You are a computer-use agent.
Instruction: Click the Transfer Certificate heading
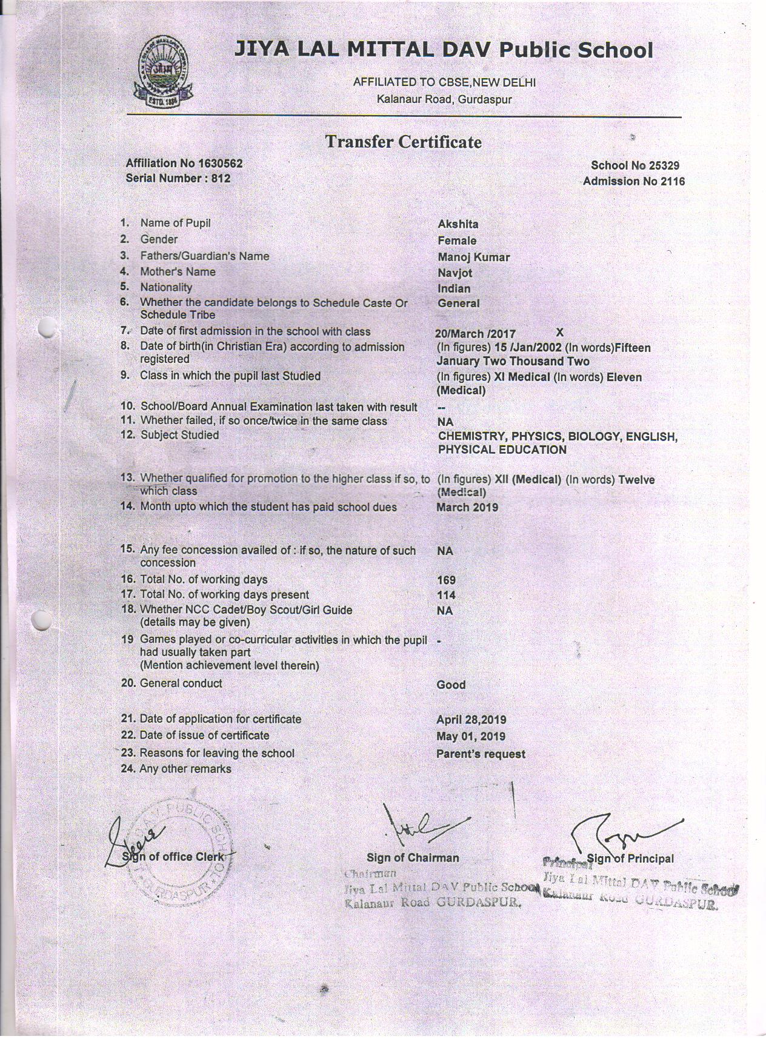point(404,142)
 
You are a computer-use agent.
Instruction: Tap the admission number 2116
point(673,181)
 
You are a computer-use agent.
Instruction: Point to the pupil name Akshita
point(458,224)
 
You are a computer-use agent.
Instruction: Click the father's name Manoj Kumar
point(473,257)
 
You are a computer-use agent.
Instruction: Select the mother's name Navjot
point(455,273)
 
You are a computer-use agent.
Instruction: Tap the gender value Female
point(457,241)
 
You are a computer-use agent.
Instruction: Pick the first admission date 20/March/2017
point(475,334)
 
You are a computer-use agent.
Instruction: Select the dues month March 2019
point(467,507)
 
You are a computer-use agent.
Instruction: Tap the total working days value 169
point(446,580)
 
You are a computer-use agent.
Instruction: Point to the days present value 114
point(446,596)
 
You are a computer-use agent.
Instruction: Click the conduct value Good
point(451,685)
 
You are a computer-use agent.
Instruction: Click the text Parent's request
point(481,754)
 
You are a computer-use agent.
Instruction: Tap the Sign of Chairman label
point(413,858)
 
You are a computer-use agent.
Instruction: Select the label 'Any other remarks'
point(185,769)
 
